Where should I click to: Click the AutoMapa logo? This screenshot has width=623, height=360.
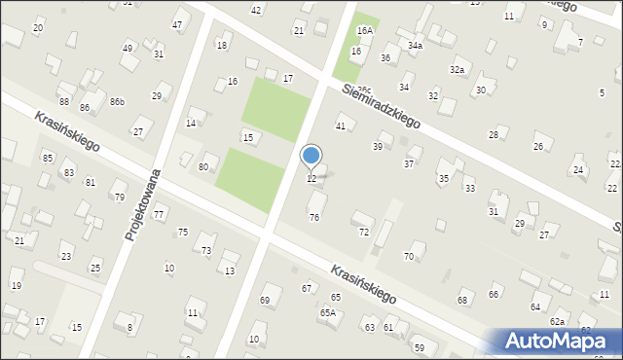[x=553, y=341]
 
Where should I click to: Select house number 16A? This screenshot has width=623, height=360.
[x=364, y=31]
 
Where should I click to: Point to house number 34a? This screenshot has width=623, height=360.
[x=416, y=46]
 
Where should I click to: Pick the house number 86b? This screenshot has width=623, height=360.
[x=117, y=102]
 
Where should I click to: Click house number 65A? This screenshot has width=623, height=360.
[x=328, y=312]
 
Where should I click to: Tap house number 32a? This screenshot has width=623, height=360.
[x=457, y=70]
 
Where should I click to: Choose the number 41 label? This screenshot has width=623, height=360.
[x=341, y=126]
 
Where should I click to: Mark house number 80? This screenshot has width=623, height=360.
[x=203, y=167]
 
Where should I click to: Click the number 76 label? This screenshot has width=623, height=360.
[x=314, y=218]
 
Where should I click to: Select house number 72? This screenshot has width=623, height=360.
[x=364, y=233]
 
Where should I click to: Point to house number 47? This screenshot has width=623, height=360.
[x=177, y=24]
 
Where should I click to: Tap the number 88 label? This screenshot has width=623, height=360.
[x=64, y=102]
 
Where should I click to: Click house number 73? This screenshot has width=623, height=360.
[x=206, y=251]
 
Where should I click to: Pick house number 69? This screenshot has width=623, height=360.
[x=264, y=301]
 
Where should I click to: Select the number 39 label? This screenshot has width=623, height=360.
[x=378, y=147]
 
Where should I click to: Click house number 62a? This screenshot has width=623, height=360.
[x=557, y=321]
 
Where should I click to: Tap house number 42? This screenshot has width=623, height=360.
[x=256, y=10]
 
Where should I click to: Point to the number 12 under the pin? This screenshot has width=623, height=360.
[x=311, y=179]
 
